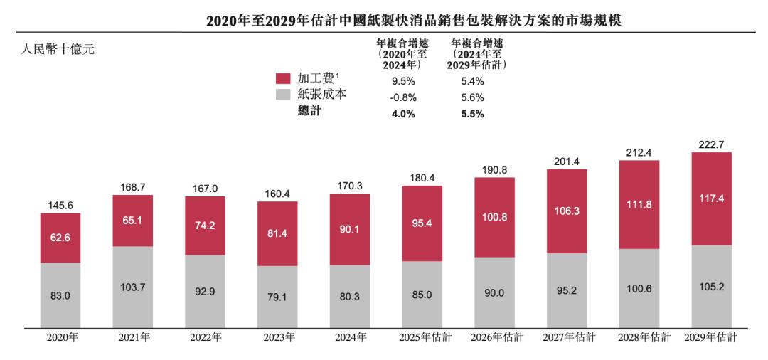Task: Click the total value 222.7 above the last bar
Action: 711,144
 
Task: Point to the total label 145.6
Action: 60,205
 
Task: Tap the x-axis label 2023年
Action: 277,338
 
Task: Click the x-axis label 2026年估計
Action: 494,338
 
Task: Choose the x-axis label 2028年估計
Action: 639,338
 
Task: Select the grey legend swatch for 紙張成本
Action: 283,95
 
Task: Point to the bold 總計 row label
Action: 309,112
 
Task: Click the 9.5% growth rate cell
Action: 403,80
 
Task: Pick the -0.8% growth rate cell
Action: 402,97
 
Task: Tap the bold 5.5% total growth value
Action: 472,113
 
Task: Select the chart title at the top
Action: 413,21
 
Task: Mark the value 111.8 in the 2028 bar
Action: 639,204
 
